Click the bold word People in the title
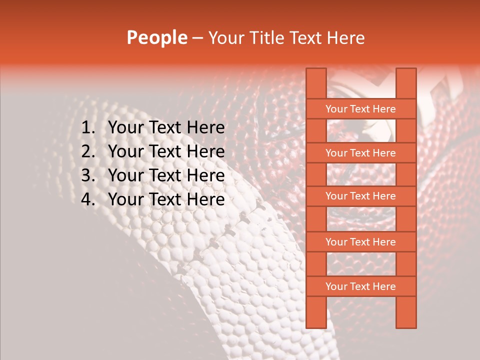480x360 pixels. coord(157,38)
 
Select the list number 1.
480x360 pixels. coord(88,128)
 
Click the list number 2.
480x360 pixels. coord(88,151)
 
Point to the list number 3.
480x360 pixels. coord(88,175)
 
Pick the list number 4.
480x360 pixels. coord(88,199)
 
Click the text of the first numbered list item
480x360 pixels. coord(166,128)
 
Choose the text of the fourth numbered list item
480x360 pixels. coord(166,199)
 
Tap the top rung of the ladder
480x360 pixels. coord(360,109)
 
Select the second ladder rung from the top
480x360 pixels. coord(360,153)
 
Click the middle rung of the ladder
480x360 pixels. coord(360,196)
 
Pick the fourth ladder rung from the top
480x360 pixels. coord(360,242)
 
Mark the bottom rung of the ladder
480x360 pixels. coord(360,286)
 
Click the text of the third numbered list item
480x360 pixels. coord(166,175)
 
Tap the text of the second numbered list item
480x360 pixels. coord(166,151)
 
